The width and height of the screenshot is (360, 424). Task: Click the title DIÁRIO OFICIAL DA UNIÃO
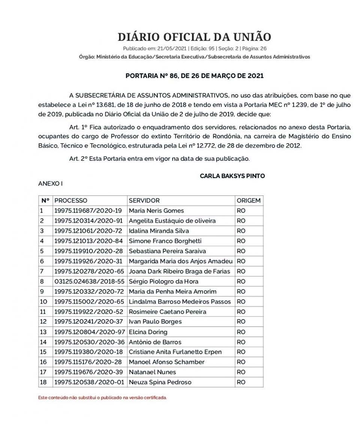tap(194, 37)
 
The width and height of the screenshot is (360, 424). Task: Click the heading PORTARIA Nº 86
tap(194, 76)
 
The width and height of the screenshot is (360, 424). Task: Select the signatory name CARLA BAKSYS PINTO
tap(232, 175)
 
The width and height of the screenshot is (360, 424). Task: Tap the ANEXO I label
tap(50, 184)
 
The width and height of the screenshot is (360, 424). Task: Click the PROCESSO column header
tap(71, 201)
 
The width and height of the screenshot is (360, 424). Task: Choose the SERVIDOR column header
tap(144, 201)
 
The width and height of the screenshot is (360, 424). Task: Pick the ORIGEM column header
tap(248, 201)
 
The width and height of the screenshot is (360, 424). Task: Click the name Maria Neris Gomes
tap(156, 211)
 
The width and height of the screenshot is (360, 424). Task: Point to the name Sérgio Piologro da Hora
tap(163, 281)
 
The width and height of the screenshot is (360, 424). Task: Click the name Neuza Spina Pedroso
tap(160, 382)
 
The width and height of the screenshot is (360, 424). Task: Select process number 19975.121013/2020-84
tap(88, 241)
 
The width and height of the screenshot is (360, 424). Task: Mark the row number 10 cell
tap(43, 301)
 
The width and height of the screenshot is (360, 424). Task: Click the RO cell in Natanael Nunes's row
tap(241, 372)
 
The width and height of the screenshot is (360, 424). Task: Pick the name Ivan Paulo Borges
tap(155, 322)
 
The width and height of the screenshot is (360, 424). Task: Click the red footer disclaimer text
tap(102, 397)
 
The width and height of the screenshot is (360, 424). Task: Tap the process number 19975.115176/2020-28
tap(88, 362)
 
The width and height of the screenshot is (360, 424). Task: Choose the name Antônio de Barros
tap(155, 342)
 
